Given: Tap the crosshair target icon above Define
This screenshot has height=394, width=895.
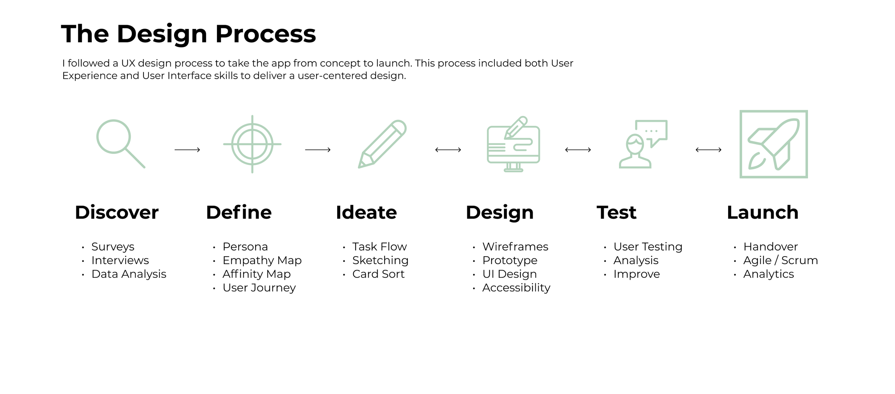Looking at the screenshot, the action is click(252, 144).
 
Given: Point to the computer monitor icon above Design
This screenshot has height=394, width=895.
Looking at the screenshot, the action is click(513, 145).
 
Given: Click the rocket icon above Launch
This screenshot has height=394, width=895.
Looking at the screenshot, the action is click(774, 144).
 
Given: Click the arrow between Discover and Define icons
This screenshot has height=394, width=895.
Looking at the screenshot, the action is click(187, 150).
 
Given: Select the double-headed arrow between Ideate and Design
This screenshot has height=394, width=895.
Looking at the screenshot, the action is click(448, 150).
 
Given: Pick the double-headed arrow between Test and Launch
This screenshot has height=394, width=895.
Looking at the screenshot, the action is click(708, 150).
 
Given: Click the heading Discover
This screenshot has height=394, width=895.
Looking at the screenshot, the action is click(117, 213).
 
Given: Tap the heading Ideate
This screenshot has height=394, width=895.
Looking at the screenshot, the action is click(366, 213).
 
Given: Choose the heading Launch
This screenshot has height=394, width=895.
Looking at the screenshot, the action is click(763, 213).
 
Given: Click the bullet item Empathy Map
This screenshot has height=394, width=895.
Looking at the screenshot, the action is click(262, 261).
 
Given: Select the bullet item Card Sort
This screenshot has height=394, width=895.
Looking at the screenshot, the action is click(378, 274).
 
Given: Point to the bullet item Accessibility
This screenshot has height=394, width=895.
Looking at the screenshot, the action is click(516, 288).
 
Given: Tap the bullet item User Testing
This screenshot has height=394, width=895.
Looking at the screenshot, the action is click(648, 247).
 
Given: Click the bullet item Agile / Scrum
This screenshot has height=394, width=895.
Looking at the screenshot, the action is click(780, 261).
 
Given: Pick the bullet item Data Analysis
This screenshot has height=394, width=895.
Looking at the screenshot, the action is click(129, 274).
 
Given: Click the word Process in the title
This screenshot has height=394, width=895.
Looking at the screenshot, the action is click(266, 34).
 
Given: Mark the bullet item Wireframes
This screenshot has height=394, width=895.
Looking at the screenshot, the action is click(515, 247).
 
